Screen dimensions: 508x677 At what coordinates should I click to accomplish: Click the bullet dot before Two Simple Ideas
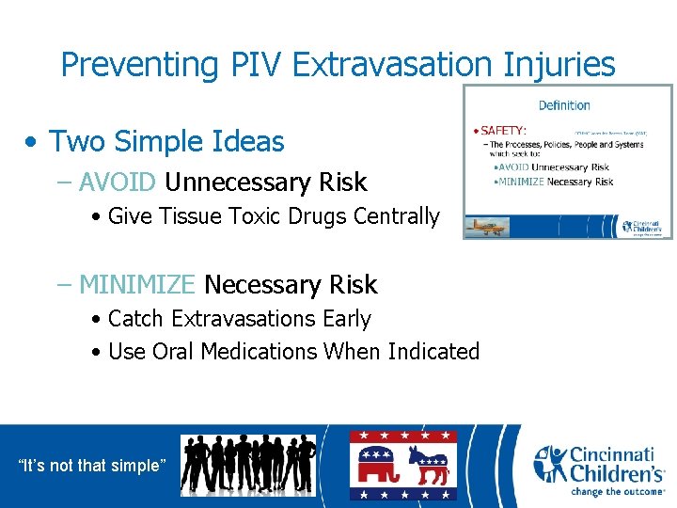click(33, 143)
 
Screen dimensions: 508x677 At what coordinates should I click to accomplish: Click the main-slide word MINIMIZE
click(137, 284)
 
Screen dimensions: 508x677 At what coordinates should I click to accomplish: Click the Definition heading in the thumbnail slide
click(564, 105)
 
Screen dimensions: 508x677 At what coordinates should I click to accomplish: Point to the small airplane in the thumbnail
click(497, 213)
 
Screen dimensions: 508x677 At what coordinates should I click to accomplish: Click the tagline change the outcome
click(618, 490)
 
